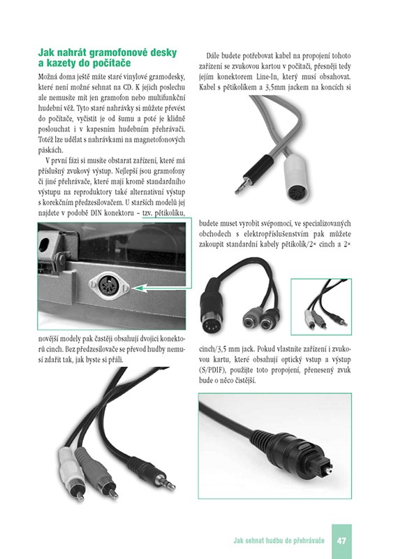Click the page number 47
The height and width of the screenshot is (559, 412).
pyautogui.click(x=341, y=540)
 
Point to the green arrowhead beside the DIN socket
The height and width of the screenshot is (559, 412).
pyautogui.click(x=140, y=288)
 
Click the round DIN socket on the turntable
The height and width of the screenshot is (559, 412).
pyautogui.click(x=109, y=286)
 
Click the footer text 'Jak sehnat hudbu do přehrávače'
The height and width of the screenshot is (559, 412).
pyautogui.click(x=279, y=540)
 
